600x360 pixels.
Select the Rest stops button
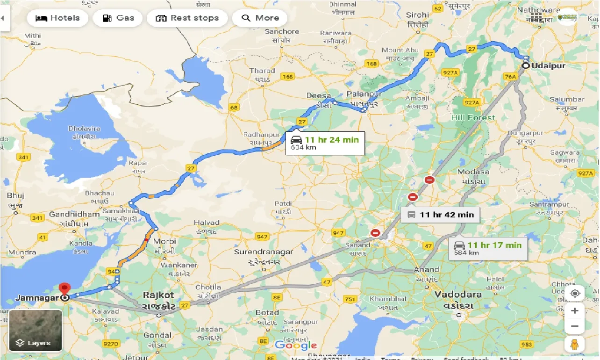(187, 18)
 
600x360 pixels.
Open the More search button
(260, 18)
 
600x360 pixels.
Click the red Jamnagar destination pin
(64, 289)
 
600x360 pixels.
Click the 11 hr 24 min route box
(325, 143)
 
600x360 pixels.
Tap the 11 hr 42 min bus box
(440, 215)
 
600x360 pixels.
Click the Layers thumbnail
(36, 330)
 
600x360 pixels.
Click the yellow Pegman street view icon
(575, 344)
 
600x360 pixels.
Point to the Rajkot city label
(158, 295)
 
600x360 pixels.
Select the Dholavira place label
(84, 129)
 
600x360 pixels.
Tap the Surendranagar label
(264, 252)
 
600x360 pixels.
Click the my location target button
(575, 293)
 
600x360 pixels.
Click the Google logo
(296, 345)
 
